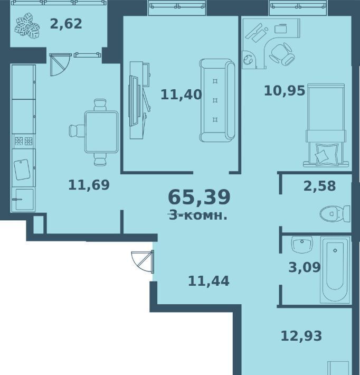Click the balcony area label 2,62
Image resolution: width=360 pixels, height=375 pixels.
point(66,24)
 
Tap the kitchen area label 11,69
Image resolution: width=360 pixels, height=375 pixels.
point(89,185)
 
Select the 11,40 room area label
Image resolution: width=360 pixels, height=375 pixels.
point(181,95)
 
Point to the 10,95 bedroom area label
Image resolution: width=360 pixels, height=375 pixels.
point(285,91)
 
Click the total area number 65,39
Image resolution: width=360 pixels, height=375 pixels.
point(199,197)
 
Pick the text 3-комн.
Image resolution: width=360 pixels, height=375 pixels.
point(198,215)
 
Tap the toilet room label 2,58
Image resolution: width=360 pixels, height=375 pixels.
point(319,186)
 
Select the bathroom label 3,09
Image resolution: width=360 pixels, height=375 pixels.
point(305,267)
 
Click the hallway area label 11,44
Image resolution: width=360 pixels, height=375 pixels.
point(209,281)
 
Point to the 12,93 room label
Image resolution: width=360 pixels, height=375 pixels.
point(301,336)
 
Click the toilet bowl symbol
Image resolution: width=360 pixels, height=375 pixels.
point(335,213)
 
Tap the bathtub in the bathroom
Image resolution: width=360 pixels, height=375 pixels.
point(335,270)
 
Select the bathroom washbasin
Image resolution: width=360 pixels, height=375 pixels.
point(302,245)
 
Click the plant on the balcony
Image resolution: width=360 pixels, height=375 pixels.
point(27,26)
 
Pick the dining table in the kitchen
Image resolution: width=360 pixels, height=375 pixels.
point(101,132)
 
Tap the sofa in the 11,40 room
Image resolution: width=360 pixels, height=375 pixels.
point(217,100)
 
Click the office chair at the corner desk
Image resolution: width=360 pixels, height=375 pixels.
point(282,54)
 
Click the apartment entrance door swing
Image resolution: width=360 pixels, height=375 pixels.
point(143,261)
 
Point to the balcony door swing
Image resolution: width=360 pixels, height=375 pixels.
point(60,64)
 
